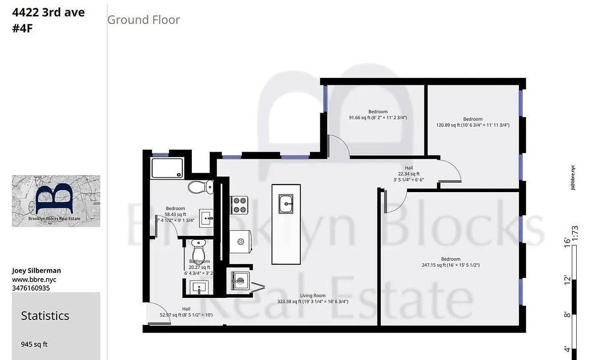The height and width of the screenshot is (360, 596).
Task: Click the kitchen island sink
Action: click(x=286, y=204)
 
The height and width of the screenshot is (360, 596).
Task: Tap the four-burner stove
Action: click(x=239, y=205)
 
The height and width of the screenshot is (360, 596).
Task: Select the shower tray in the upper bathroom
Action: click(x=167, y=168)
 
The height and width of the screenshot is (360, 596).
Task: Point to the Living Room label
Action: click(x=313, y=299)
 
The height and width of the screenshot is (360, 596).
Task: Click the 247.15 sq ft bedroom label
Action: click(x=451, y=262)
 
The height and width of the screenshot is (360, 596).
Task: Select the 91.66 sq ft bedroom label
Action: click(x=378, y=115)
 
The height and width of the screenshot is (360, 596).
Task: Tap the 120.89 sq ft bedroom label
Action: click(x=473, y=122)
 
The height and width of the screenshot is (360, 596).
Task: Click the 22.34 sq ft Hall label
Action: click(x=408, y=174)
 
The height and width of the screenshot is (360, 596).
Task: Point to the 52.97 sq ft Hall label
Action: click(x=186, y=312)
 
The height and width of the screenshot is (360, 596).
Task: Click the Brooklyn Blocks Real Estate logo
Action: click(x=56, y=201)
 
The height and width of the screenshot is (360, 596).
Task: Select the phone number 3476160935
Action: click(x=31, y=288)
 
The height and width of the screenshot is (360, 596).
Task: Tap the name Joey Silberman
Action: click(x=36, y=270)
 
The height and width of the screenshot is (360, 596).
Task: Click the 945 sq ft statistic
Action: click(x=34, y=345)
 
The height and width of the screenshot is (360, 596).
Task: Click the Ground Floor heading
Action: click(x=144, y=20)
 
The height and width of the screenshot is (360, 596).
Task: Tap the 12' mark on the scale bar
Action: click(x=567, y=280)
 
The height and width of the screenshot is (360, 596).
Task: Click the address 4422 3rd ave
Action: click(x=48, y=13)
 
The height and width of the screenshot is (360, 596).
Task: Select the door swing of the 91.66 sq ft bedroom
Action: click(x=340, y=145)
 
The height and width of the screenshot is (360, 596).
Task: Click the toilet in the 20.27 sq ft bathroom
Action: click(x=199, y=248)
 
